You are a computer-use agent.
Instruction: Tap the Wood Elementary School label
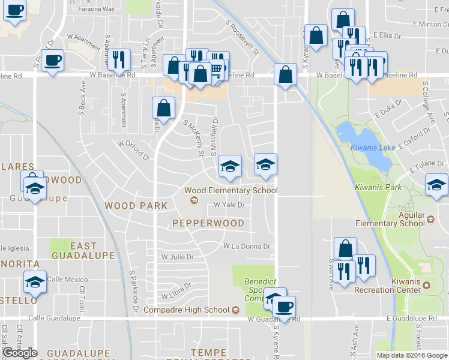pos(231,191)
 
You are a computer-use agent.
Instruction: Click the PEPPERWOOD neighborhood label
pos(208,223)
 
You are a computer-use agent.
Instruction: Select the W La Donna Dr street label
pos(247,246)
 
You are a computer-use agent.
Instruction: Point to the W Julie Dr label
pos(178,257)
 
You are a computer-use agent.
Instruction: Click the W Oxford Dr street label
pos(133,151)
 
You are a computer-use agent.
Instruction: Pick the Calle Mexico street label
pos(67,279)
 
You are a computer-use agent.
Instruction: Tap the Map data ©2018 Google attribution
pos(412,355)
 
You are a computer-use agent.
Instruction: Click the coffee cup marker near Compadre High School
pos(284,306)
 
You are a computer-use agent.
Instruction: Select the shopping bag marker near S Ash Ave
pos(345,247)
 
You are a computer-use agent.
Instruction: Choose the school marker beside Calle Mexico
pos(35,281)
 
